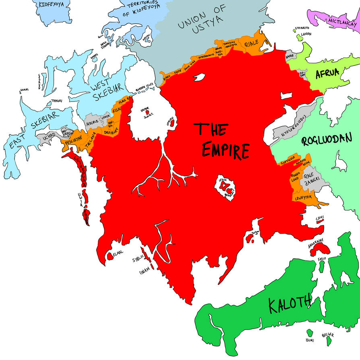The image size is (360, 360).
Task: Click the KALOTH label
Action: pyautogui.click(x=290, y=301)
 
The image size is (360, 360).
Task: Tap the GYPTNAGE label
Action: pyautogui.click(x=288, y=160)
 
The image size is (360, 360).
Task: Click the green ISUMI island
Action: pyautogui.click(x=309, y=334)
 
